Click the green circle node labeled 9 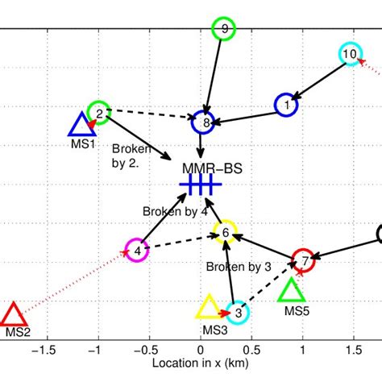(x=224, y=30)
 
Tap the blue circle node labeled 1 (x=286, y=104)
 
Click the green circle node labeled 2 (x=98, y=114)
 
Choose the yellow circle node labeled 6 (x=226, y=233)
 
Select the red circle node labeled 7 (x=304, y=260)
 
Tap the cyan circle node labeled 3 (x=238, y=313)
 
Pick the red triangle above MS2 (x=13, y=314)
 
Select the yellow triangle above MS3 (x=208, y=308)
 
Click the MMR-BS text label (x=212, y=169)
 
